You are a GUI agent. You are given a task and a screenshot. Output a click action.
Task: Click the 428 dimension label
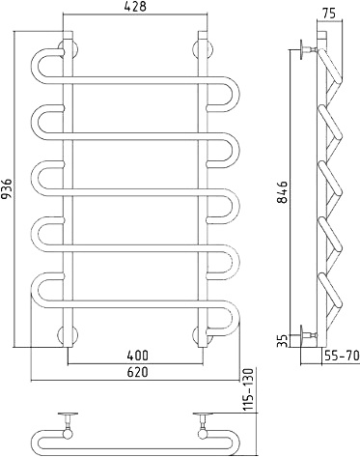135,7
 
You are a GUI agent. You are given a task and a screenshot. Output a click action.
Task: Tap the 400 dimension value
138,356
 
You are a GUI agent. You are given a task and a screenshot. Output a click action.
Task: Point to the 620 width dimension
138,372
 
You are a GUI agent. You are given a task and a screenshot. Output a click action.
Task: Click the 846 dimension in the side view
283,192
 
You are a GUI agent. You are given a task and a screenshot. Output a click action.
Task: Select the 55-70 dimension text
342,356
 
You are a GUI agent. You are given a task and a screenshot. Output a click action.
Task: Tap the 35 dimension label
283,340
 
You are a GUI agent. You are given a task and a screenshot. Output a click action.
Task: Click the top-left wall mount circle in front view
68,49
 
